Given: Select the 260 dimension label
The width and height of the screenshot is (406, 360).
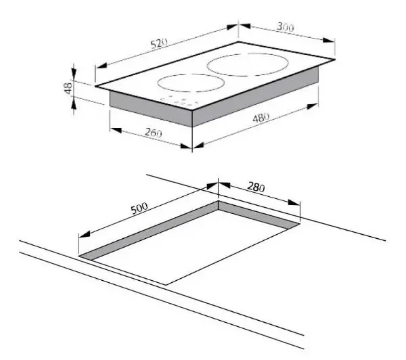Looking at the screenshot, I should click(154, 133).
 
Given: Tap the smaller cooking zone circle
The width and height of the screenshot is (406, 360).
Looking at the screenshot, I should click(189, 86).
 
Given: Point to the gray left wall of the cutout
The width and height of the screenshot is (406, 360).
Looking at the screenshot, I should click(149, 230).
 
